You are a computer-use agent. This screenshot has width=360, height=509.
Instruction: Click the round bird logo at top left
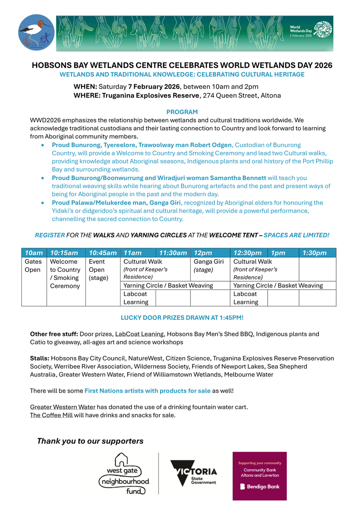(36, 32)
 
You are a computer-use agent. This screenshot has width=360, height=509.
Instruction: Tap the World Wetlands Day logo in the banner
(311, 30)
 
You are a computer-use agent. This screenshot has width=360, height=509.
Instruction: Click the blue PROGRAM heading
(182, 112)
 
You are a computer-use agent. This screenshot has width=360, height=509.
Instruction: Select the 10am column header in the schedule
(33, 253)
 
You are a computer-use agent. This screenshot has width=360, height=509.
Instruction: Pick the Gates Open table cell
(33, 266)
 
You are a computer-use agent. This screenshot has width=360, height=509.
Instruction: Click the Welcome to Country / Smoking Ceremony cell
(65, 274)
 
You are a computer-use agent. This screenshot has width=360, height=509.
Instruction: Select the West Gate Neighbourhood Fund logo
(124, 474)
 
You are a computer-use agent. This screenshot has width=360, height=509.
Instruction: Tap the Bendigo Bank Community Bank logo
(260, 475)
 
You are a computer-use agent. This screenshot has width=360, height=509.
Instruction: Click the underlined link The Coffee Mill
(51, 415)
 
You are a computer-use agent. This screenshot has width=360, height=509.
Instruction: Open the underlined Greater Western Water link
(62, 407)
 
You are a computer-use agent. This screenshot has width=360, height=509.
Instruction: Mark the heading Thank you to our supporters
(90, 441)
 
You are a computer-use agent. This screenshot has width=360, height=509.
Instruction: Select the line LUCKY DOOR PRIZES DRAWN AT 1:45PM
(182, 317)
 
